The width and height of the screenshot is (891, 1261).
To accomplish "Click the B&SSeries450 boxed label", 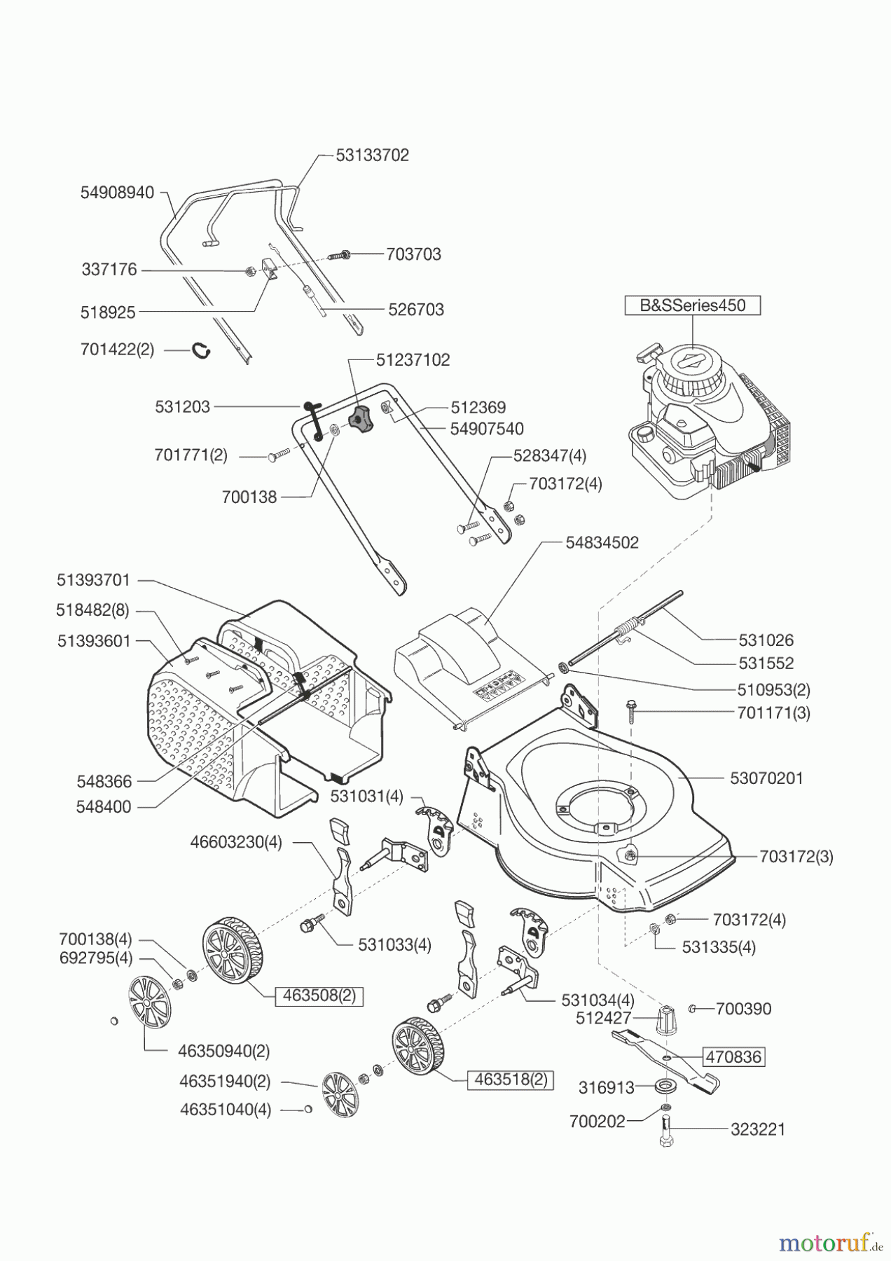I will coord(692,305).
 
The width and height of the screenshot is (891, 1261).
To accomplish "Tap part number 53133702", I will coord(372,156).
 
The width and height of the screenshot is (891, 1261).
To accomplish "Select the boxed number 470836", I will coord(733,1056).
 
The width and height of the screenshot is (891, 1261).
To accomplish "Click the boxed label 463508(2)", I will coord(319,995).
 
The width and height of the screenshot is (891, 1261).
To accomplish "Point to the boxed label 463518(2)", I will coord(511,1080).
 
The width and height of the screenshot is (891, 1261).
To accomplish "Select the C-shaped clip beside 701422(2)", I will coord(202,349).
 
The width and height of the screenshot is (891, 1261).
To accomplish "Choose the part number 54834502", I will coord(602,543).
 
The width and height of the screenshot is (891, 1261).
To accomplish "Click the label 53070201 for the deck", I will coord(766,778).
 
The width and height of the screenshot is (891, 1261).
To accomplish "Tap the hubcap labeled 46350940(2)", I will coord(149,1003).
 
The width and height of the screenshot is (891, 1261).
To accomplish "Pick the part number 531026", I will coord(766,640).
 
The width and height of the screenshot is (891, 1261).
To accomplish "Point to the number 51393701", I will coord(93,580).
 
